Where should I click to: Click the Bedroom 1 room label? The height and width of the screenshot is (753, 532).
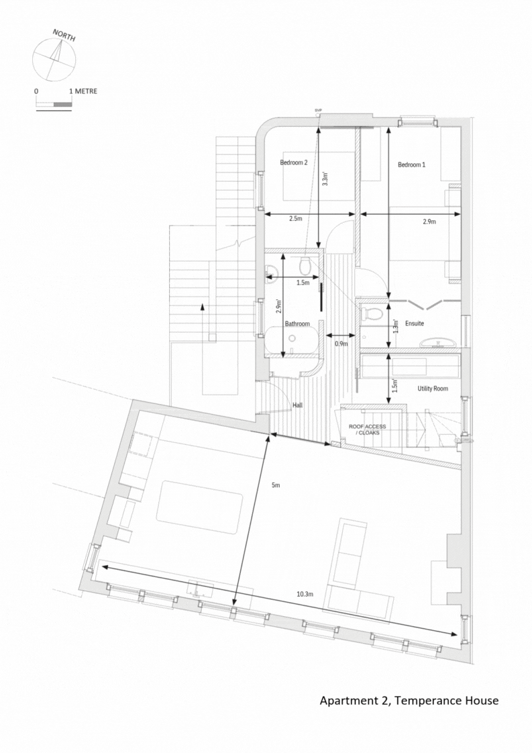pos(411,164)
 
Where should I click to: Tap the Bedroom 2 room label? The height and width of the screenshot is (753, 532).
pos(293,162)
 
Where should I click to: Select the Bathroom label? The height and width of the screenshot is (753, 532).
pos(297,323)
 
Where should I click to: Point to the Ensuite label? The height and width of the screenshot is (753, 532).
pos(414,323)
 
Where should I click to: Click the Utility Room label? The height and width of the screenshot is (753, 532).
pos(432,389)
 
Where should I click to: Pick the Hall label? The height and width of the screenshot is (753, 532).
pos(298,405)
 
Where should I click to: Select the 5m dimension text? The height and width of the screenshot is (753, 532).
pos(276,485)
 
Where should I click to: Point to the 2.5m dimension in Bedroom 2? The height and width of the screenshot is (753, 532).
pos(295,219)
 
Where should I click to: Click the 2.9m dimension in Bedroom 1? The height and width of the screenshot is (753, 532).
pos(429,221)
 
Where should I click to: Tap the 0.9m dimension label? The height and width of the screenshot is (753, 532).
pos(341,344)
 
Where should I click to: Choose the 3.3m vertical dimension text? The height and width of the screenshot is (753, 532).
pos(325,179)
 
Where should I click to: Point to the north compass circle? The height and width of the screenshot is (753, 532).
pos(54,58)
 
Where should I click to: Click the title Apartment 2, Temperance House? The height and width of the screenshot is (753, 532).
pos(409,701)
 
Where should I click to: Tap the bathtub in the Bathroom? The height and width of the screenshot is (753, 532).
pos(290,340)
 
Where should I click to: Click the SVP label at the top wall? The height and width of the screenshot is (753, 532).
pos(318,110)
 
